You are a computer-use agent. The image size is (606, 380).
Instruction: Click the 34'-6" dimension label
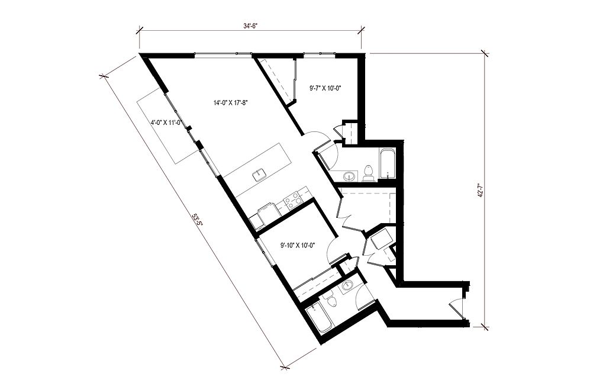click(x=250, y=26)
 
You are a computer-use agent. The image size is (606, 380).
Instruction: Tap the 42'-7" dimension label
click(x=481, y=191)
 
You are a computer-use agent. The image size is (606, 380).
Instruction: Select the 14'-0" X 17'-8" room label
click(x=230, y=103)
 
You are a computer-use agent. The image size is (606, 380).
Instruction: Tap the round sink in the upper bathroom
click(x=350, y=176)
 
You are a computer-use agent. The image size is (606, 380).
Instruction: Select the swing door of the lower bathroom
click(x=365, y=293)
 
